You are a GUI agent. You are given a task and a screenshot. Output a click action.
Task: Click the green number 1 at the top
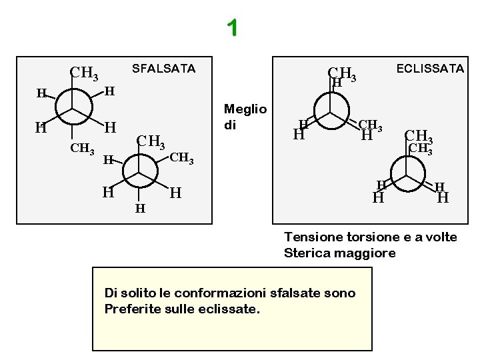pyautogui.click(x=232, y=28)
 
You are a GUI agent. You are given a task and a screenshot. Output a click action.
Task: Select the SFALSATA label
pyautogui.click(x=163, y=69)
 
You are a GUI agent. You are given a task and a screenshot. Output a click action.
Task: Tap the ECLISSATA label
pyautogui.click(x=430, y=69)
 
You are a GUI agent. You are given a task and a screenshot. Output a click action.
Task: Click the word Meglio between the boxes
pyautogui.click(x=245, y=109)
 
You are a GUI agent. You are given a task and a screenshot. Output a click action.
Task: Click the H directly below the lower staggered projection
pyautogui.click(x=139, y=209)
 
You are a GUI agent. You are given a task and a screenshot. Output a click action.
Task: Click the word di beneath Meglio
pyautogui.click(x=230, y=125)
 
